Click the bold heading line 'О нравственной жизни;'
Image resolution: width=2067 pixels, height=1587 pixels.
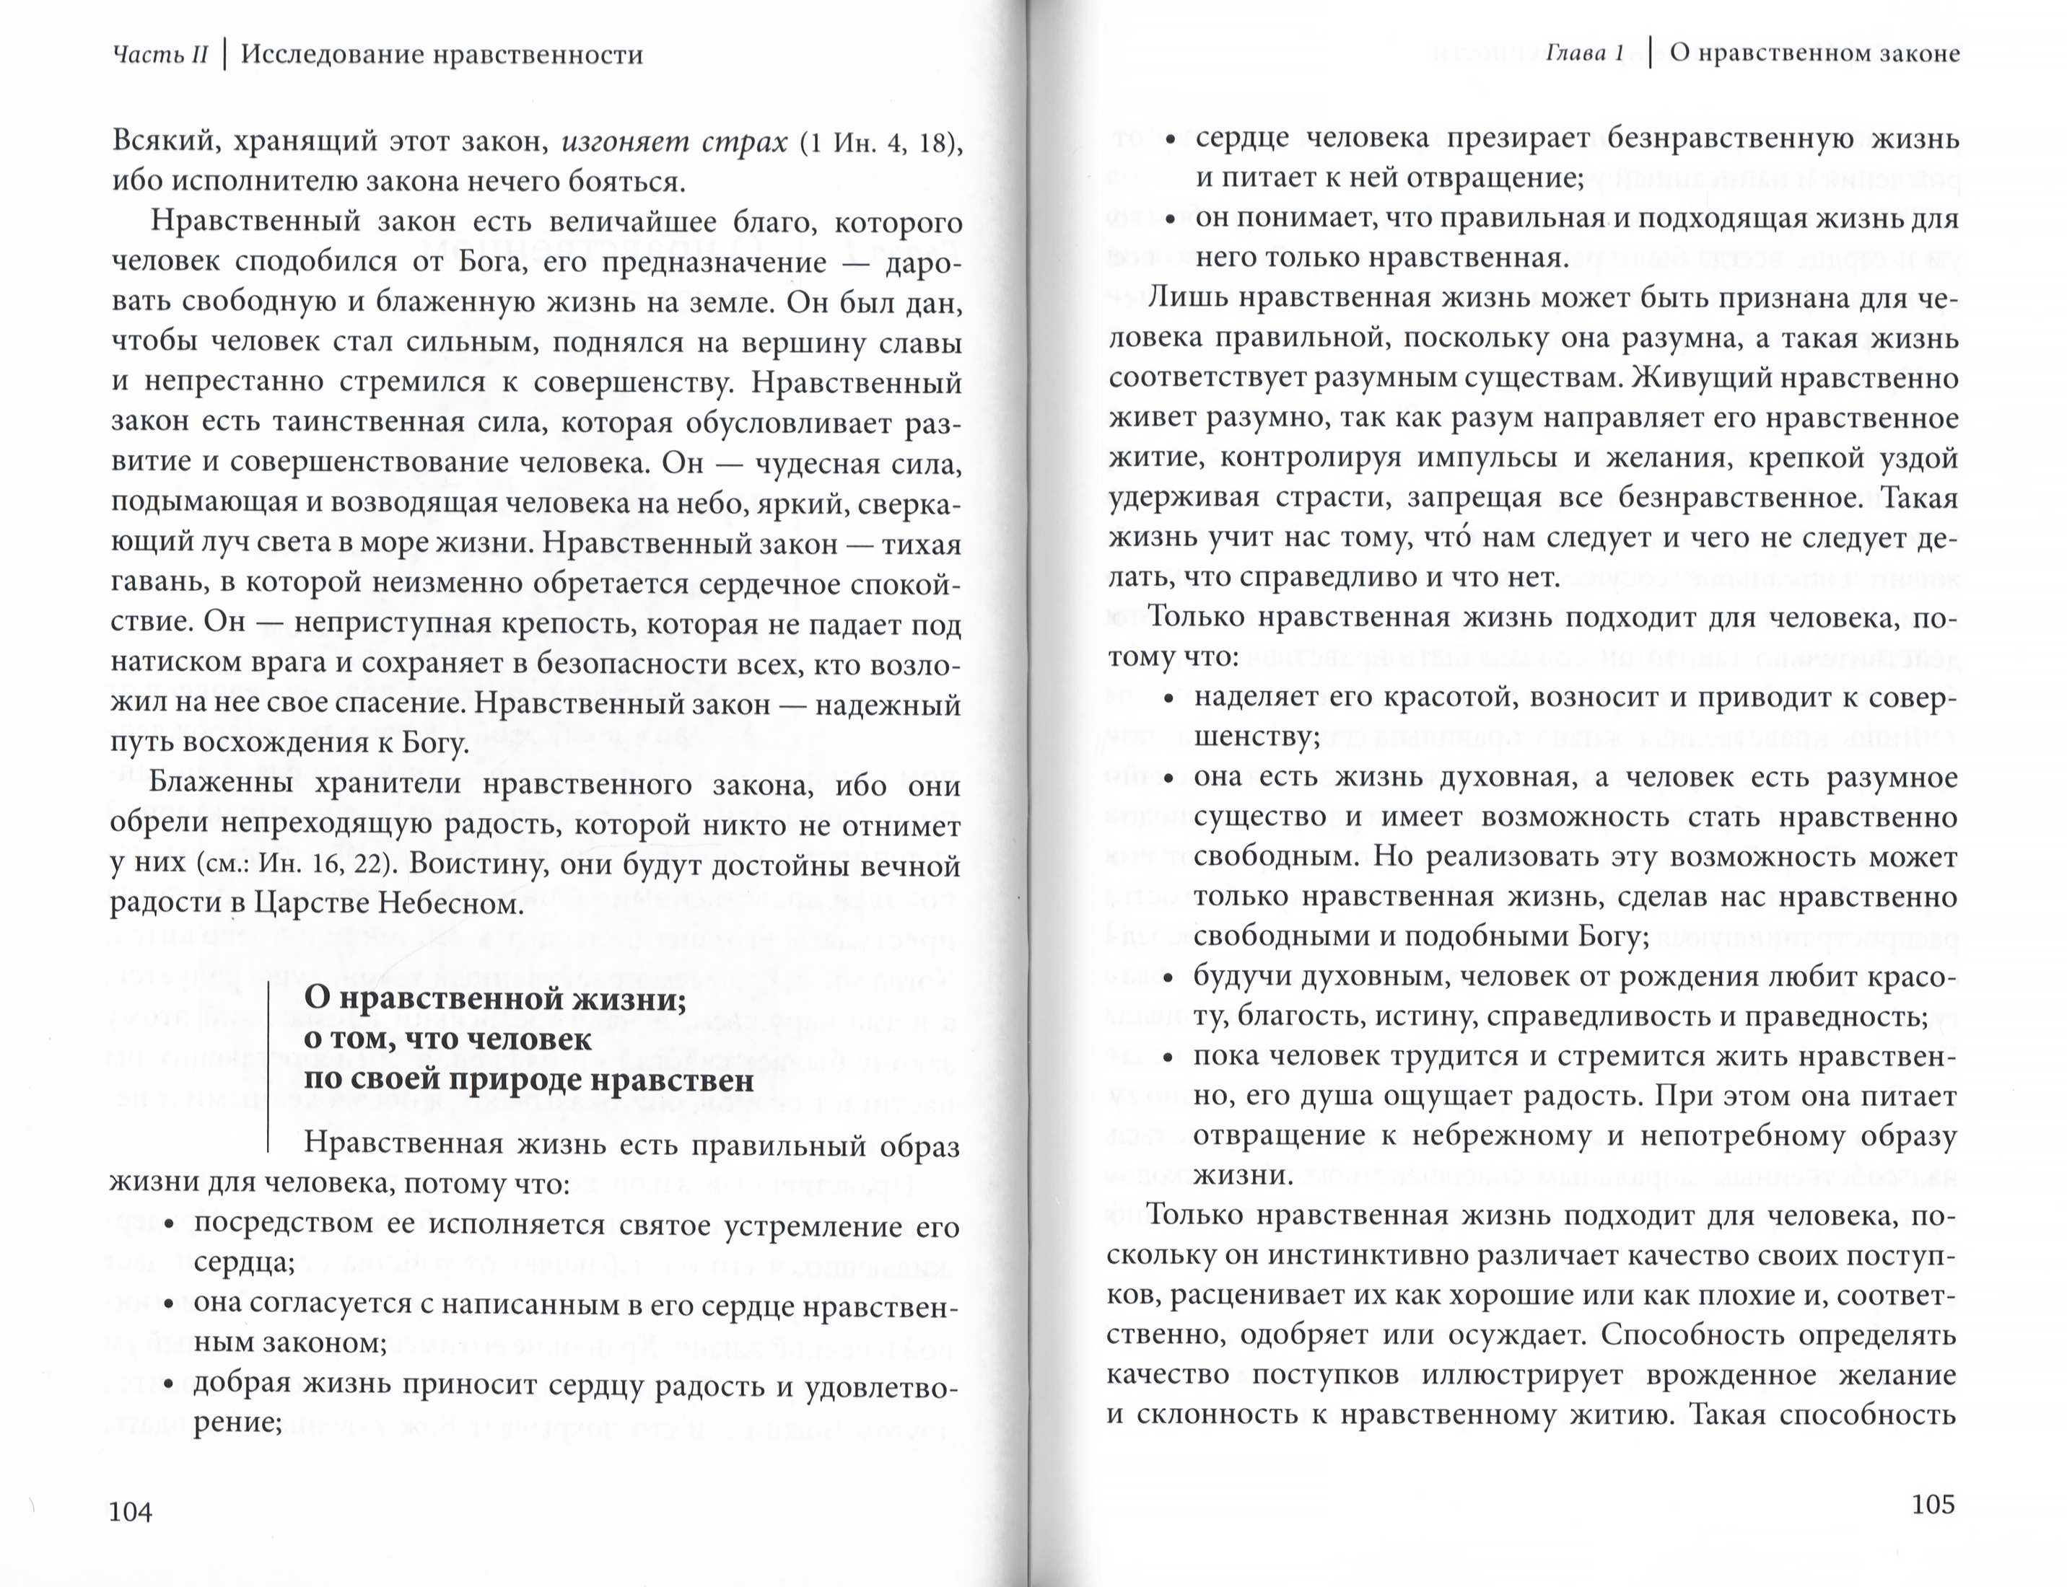point(494,998)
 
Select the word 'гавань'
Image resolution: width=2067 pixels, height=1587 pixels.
point(157,584)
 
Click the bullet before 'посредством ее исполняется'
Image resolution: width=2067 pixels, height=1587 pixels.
point(170,1226)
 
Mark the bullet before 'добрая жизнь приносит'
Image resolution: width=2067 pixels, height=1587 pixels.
point(170,1385)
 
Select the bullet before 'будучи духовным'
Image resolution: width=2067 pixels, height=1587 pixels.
point(1169,977)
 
